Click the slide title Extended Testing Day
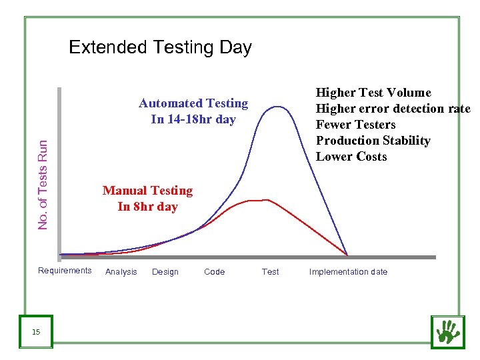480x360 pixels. click(x=160, y=47)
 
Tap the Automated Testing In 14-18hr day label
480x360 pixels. click(x=193, y=111)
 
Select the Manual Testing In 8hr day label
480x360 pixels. click(x=147, y=199)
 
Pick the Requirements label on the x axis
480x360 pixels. click(x=65, y=271)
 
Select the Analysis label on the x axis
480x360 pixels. click(x=121, y=272)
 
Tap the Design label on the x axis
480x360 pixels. click(x=165, y=272)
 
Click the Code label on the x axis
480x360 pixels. click(x=215, y=272)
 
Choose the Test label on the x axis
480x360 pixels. click(x=270, y=272)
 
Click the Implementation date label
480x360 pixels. click(x=348, y=272)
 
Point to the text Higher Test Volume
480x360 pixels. click(x=373, y=93)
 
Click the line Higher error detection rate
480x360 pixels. click(x=393, y=109)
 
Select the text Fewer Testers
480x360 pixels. click(x=355, y=125)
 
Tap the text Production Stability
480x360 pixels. click(x=373, y=141)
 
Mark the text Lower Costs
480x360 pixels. click(x=351, y=157)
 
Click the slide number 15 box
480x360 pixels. click(x=36, y=331)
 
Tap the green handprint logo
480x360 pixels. click(x=447, y=331)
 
